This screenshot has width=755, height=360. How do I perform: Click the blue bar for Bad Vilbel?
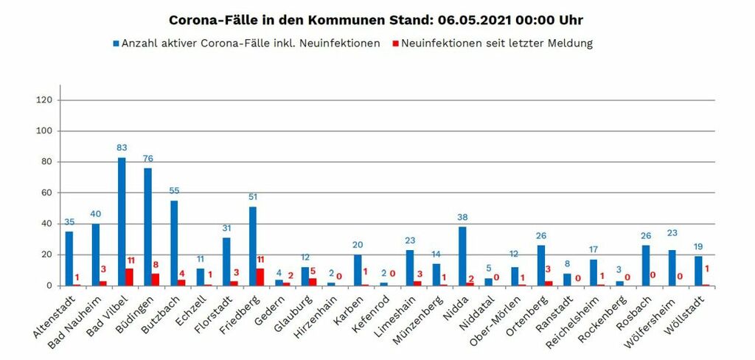122,221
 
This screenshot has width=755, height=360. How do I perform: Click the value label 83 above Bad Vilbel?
122,148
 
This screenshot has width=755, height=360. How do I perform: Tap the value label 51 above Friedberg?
252,198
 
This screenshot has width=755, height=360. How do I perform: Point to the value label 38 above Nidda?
462,218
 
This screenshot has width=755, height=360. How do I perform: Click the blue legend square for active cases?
116,44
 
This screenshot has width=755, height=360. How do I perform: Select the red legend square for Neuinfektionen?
394,44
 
